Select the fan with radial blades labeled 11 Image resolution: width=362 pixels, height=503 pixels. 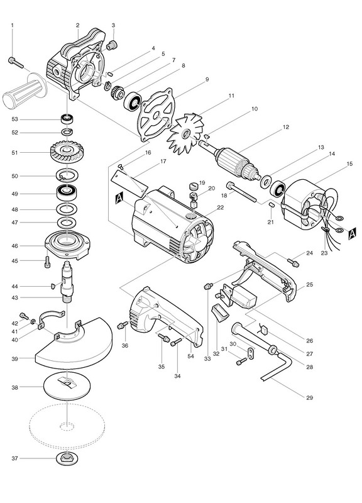coord(186,133)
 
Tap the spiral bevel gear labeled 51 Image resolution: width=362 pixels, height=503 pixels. coord(67,153)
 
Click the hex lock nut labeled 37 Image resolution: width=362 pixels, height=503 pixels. coord(67,458)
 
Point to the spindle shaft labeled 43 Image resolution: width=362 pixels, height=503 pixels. coord(67,280)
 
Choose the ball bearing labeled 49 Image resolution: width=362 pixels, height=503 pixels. coord(67,193)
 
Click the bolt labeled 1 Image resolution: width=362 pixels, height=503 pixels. coord(16,62)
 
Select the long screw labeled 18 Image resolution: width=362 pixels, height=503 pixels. coord(241,192)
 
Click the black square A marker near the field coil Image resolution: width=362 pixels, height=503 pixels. coord(352,233)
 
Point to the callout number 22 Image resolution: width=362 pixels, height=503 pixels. coord(220,207)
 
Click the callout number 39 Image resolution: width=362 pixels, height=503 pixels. coord(15,359)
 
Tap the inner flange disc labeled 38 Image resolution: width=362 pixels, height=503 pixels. coord(67,387)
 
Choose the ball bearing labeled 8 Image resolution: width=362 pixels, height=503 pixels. coord(132,101)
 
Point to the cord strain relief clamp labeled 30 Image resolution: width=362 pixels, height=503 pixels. coord(250,354)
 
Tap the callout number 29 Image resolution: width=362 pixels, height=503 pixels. coord(309,398)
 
